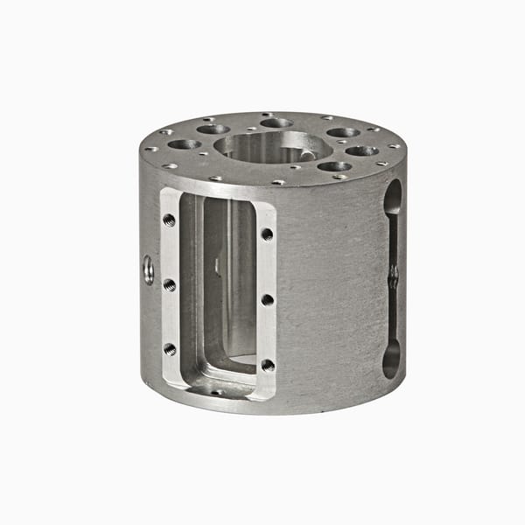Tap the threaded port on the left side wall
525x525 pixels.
pos(148,269)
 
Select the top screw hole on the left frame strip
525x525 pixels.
pos(169,220)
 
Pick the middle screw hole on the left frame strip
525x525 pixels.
pos(169,285)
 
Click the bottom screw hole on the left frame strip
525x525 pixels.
pos(169,349)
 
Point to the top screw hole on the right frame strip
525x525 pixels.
pos(267,234)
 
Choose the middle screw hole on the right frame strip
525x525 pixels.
pos(267,299)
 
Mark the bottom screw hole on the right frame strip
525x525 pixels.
pos(267,364)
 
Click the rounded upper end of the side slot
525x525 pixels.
pos(393,197)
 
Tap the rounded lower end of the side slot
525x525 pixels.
pos(391,359)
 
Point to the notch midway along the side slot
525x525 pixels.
pos(393,277)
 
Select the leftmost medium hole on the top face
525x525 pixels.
pos(184,144)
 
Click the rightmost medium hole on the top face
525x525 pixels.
pos(362,150)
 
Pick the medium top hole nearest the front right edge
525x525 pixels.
pos(334,166)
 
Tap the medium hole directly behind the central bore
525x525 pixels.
pos(276,122)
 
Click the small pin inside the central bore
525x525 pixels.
pos(305,155)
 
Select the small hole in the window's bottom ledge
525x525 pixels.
pos(216,392)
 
